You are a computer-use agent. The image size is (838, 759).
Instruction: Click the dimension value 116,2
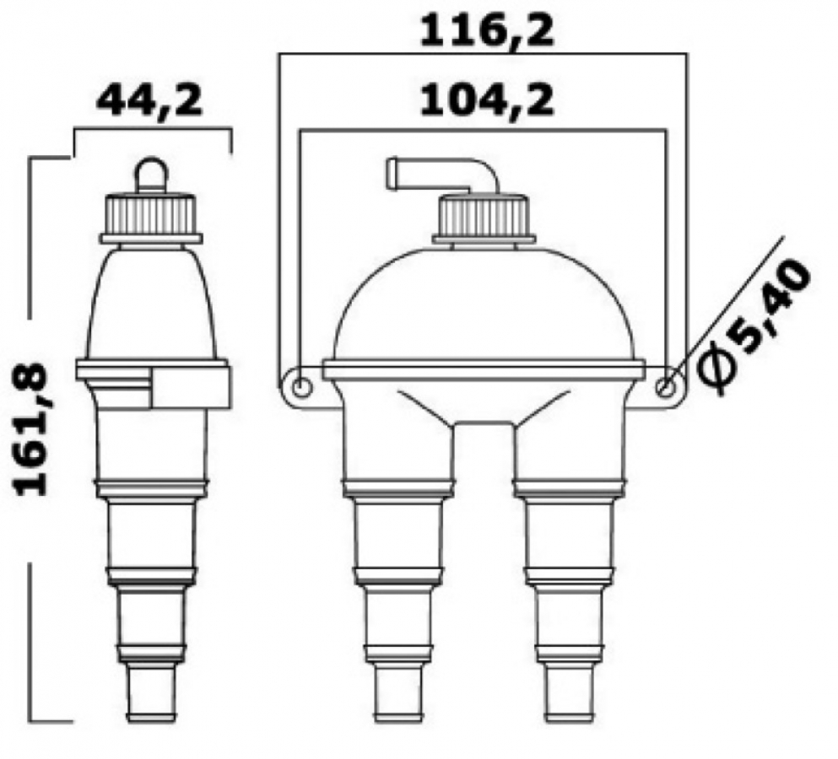point(487,31)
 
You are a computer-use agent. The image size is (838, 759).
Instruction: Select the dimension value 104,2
point(487,101)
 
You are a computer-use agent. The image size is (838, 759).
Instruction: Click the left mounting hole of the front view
point(300,388)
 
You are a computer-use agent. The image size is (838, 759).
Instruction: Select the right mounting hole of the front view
point(666,388)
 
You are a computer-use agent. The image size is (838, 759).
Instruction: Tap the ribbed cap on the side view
point(152,216)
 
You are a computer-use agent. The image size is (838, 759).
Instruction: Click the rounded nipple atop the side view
point(152,175)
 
